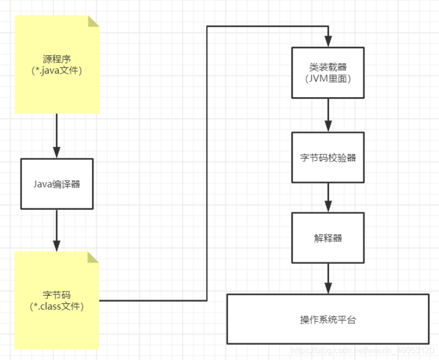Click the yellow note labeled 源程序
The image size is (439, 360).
57,64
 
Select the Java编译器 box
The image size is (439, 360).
57,183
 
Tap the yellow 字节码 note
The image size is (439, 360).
57,300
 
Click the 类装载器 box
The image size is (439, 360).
328,73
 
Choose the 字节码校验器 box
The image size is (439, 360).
328,157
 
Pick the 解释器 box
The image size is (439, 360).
328,238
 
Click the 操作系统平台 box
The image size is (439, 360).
328,319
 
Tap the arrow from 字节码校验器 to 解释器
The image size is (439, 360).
328,197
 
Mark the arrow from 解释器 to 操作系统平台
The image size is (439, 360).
328,279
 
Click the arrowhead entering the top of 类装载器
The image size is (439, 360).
328,42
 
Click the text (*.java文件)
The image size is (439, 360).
57,70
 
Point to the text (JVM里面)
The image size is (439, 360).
328,79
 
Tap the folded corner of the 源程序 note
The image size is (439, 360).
94,21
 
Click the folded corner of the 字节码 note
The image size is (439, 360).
94,257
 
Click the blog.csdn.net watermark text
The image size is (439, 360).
362,351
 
